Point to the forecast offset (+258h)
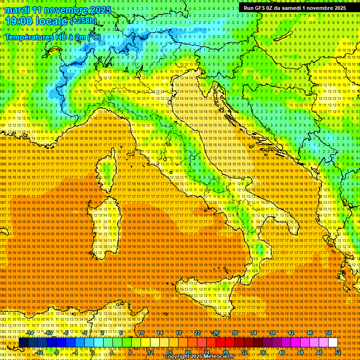(83, 21)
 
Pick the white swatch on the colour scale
(333, 343)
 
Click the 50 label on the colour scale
(329, 333)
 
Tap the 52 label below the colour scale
(338, 352)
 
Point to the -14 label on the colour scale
(30, 333)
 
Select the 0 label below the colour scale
(93, 352)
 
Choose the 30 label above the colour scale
(234, 333)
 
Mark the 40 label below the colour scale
(282, 352)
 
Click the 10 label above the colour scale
(141, 333)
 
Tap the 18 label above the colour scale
(178, 333)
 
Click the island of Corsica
(107, 169)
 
